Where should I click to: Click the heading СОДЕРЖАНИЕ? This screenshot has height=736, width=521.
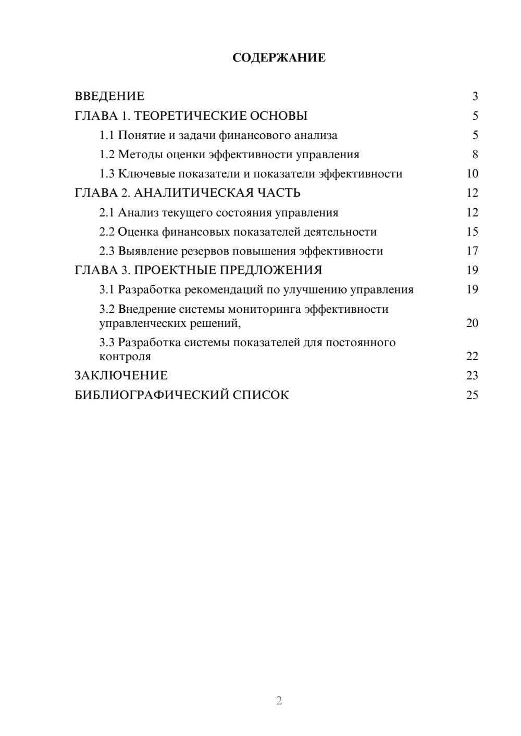[x=279, y=58]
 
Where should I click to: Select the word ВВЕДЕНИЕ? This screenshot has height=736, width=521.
[x=109, y=96]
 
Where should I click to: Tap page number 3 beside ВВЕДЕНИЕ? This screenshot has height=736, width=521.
[x=475, y=96]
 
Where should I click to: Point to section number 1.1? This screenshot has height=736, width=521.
[x=107, y=135]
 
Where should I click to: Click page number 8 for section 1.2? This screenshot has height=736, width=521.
[x=475, y=155]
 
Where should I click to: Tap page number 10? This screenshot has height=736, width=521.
[x=472, y=174]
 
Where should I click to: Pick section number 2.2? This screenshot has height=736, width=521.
[x=107, y=232]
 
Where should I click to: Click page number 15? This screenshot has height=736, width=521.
[x=472, y=232]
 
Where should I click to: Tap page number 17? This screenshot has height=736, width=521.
[x=472, y=251]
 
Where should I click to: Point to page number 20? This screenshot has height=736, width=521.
[x=472, y=323]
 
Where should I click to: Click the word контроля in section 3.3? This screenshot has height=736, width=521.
[x=125, y=357]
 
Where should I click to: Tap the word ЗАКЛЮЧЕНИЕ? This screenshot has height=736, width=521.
[x=121, y=376]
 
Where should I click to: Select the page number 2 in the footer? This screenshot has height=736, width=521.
[x=279, y=701]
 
